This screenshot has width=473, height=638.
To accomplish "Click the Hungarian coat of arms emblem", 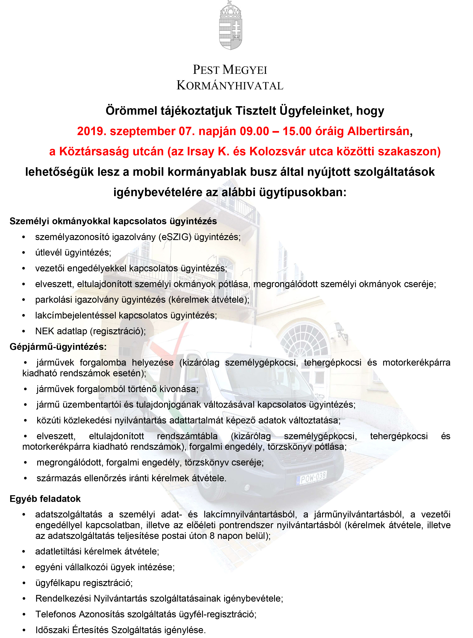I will (230, 26).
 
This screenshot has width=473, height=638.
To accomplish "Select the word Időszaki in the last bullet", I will (52, 630).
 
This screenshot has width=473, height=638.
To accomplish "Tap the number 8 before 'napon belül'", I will (212, 536).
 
